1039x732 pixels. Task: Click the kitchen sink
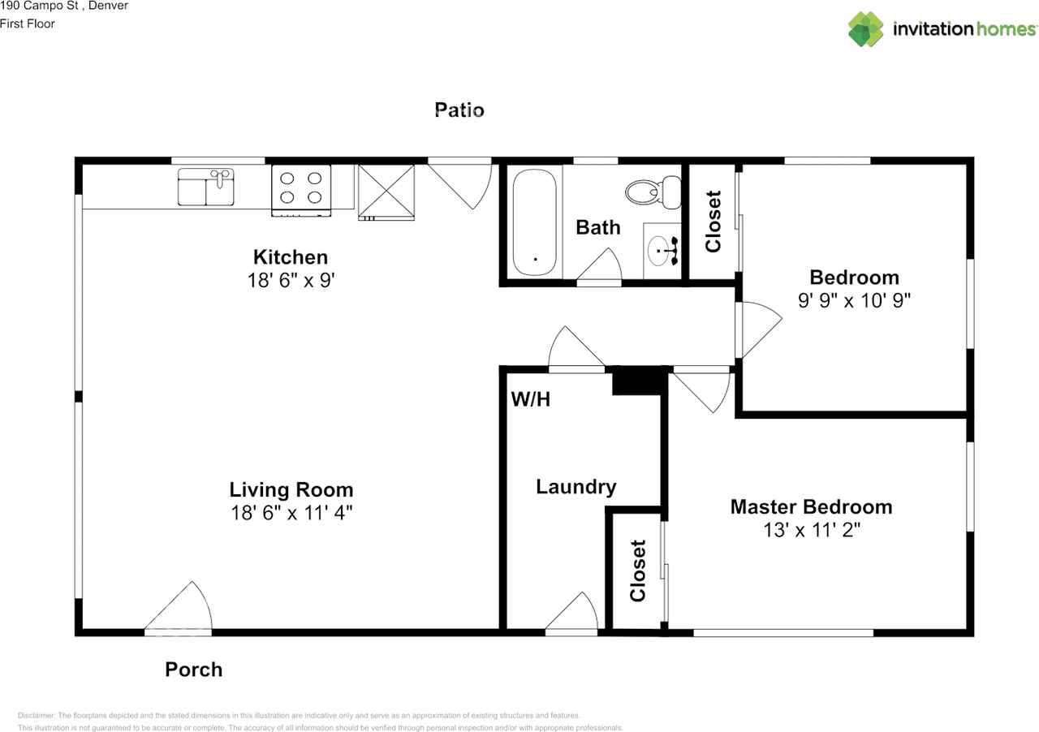click(206, 187)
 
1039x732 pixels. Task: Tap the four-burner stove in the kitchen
click(301, 190)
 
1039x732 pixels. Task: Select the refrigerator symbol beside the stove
click(386, 192)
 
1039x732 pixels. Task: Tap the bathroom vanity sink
click(663, 252)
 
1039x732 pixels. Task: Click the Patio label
click(459, 110)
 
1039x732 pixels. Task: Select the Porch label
click(193, 670)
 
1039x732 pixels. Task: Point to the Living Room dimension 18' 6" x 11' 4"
click(291, 513)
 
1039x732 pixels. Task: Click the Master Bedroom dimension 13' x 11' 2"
click(811, 530)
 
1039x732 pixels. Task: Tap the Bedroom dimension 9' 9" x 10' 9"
click(854, 299)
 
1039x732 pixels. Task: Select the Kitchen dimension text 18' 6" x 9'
click(291, 280)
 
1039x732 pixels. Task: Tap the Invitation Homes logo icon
click(866, 29)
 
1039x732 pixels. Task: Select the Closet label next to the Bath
click(714, 221)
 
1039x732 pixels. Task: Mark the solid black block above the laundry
click(638, 381)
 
